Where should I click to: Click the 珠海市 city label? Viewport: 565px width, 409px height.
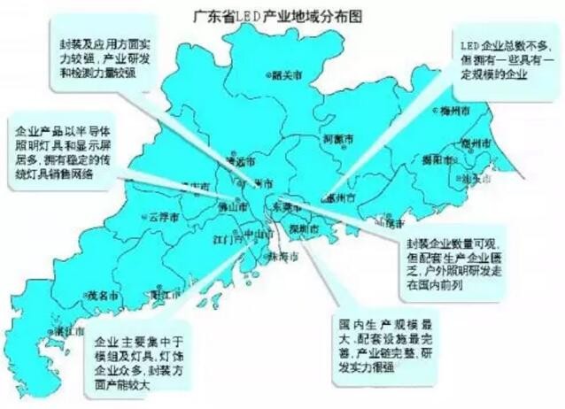point(282,256)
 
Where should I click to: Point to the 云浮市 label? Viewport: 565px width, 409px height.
point(165,216)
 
